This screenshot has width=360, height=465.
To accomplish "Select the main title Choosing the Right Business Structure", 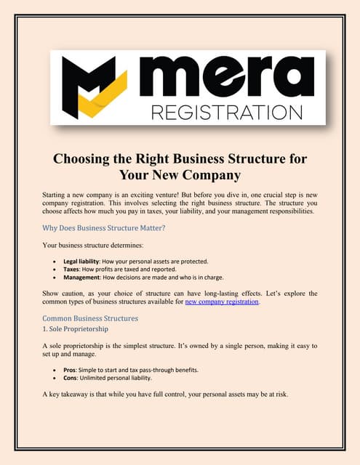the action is [179, 159].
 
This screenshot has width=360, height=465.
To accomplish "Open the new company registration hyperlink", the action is [221, 302].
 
